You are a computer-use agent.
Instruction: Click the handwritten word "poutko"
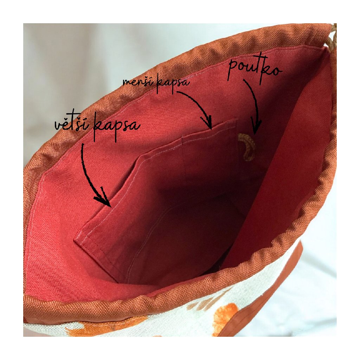point(255,71)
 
